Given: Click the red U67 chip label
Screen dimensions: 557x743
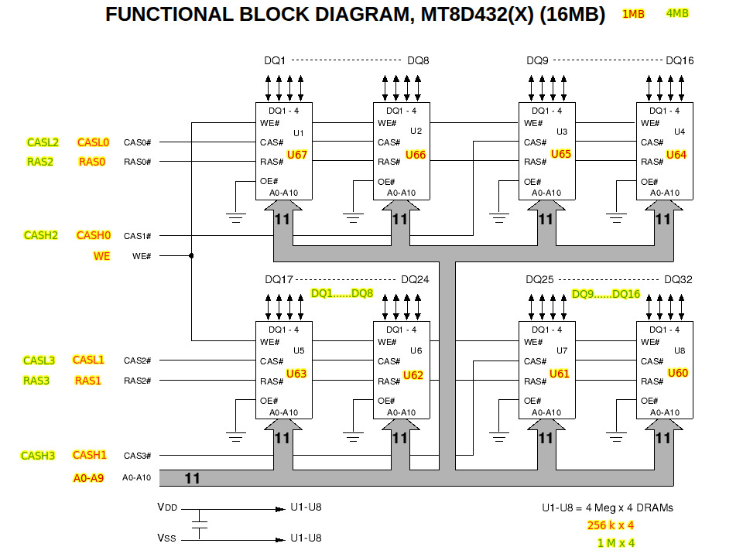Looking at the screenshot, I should [297, 155].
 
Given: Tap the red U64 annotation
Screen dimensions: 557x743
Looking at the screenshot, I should [676, 155].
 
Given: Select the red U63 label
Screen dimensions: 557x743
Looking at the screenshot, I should [296, 374].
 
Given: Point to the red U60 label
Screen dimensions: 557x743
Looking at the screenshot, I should [678, 374].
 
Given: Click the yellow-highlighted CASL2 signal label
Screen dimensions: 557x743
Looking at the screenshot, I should [43, 142].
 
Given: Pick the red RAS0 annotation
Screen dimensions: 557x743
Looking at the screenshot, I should [91, 162].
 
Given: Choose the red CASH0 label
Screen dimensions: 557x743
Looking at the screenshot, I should [94, 235].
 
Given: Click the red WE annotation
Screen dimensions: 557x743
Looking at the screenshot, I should [101, 256].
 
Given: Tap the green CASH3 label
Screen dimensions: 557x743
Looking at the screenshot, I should [38, 456].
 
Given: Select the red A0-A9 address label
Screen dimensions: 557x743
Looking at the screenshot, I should [88, 478].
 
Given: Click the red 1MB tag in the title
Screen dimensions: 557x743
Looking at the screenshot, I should [633, 14].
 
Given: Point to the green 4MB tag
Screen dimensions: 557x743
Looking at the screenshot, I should [677, 13].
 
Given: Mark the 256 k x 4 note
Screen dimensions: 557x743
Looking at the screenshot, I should [611, 525].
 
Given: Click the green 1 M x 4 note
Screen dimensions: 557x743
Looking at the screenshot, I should [616, 543].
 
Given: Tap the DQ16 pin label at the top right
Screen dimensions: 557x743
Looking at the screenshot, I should [680, 60].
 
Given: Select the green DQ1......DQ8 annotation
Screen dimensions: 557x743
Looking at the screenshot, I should [342, 294].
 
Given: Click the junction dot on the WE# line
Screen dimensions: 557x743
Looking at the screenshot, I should [191, 255].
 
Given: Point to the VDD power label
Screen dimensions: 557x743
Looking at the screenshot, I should [166, 508].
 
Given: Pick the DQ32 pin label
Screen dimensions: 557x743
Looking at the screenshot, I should [678, 280].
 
